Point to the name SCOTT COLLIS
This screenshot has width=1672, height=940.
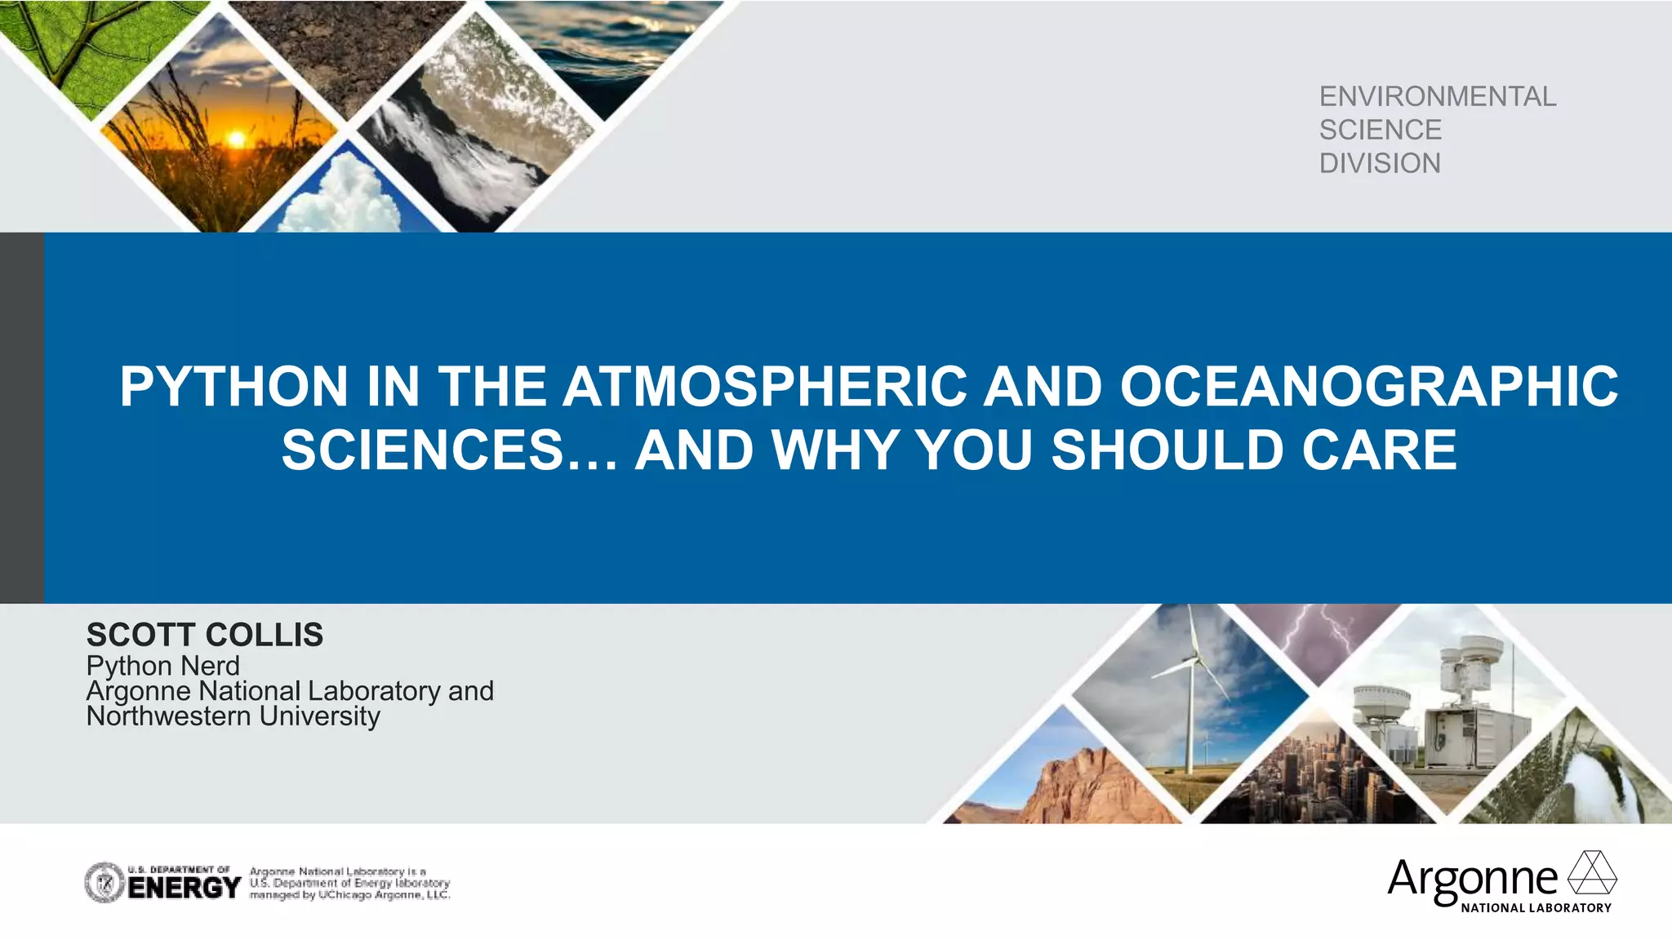tap(205, 635)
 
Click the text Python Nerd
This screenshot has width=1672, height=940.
tap(163, 666)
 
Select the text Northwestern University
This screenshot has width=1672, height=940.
tap(233, 716)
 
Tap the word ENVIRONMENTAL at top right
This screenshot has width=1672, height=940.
tap(1438, 96)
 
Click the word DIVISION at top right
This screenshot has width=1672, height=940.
tap(1380, 163)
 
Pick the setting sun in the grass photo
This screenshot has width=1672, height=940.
tap(236, 140)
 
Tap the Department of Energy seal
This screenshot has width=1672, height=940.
tap(104, 883)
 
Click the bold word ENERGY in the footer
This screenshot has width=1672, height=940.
tap(185, 888)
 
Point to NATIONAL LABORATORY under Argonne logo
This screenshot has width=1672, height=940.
tap(1536, 907)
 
